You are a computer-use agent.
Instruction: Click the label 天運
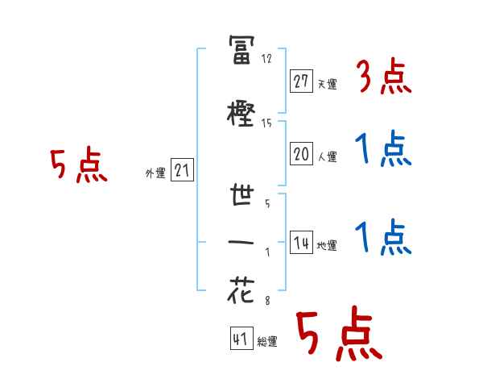point(328,84)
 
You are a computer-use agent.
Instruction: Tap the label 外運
point(155,173)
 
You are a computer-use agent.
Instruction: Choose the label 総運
point(267,343)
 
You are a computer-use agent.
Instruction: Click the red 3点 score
point(382,78)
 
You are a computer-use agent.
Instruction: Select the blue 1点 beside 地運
point(382,239)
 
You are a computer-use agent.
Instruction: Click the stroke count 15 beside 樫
point(267,123)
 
